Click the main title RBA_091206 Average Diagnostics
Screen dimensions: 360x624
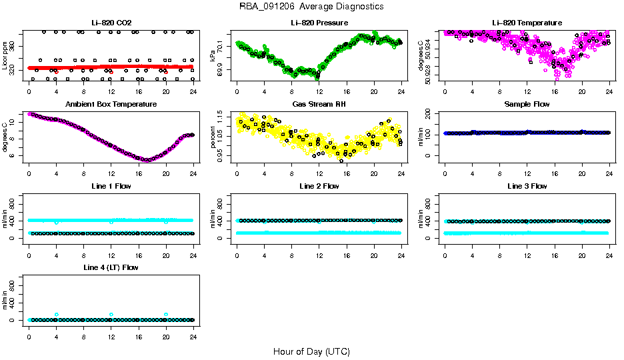[x=311, y=7]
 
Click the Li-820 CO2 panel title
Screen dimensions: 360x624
[x=111, y=23]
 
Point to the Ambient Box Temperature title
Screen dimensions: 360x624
[x=111, y=104]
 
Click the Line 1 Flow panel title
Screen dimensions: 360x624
[x=111, y=186]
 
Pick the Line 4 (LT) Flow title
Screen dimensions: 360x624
[x=111, y=267]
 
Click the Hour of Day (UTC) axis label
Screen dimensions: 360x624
[x=311, y=351]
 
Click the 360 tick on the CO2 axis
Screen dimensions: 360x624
[x=15, y=46]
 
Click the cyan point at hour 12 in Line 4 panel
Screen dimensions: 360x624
[x=111, y=314]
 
